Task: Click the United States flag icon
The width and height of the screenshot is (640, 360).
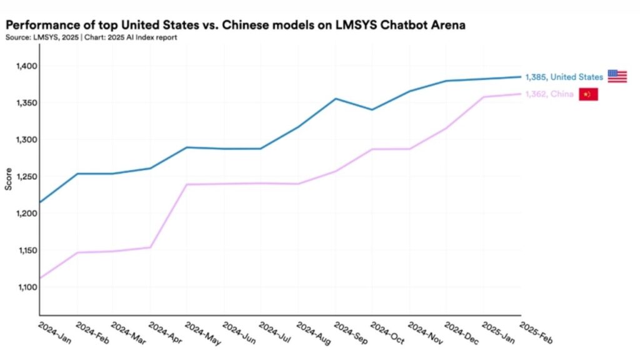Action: (617, 76)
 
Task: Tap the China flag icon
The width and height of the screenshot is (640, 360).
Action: (588, 94)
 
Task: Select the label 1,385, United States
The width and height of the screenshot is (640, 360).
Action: (564, 77)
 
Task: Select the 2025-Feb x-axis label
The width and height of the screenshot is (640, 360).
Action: (536, 332)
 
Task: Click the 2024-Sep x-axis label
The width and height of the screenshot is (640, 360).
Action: (351, 332)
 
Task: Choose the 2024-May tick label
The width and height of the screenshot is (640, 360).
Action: (202, 332)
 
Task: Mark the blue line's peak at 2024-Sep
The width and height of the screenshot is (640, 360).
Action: (336, 98)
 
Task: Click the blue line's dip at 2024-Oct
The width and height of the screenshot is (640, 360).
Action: (372, 109)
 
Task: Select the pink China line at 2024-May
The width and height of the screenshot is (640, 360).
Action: (187, 184)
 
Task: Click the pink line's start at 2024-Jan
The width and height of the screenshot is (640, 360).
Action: (40, 278)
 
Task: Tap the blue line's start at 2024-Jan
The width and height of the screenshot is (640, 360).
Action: (40, 202)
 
